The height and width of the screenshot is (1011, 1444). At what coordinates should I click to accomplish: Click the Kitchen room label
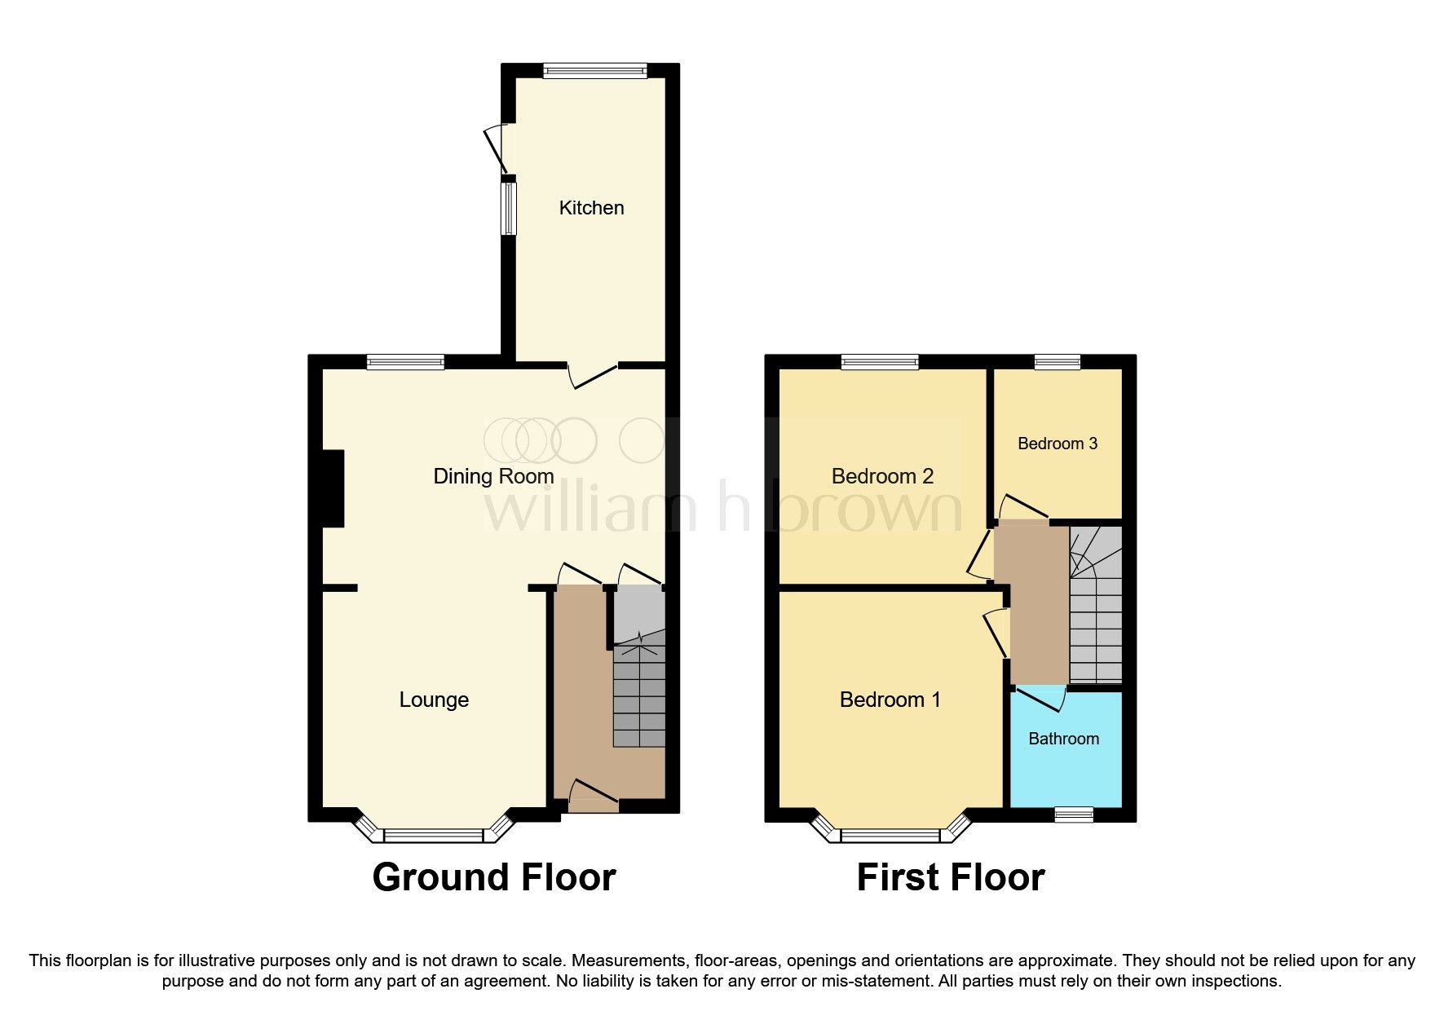591,208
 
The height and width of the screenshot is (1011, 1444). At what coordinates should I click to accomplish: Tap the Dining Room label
493,476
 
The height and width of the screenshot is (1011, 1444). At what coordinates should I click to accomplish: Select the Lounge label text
434,700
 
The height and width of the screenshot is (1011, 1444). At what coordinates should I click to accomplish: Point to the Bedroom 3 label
1058,444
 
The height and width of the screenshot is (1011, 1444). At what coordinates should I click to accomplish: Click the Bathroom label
1063,739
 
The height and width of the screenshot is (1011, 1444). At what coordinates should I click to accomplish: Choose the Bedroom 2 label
882,476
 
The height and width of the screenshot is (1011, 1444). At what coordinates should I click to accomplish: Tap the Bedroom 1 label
890,700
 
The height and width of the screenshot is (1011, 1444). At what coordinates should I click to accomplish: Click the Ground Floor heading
493,877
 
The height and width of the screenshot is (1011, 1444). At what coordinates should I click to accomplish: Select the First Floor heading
950,877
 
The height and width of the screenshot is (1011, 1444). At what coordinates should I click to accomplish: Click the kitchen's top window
595,71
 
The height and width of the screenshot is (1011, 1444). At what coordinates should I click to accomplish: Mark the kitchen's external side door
495,150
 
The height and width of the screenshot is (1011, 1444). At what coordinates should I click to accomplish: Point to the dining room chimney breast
333,488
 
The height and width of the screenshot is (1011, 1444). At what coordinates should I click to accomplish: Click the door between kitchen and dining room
593,375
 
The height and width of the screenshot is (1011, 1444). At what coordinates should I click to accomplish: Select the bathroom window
1073,814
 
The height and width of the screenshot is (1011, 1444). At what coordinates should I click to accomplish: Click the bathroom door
1040,698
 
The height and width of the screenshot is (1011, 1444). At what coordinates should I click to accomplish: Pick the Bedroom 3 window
1058,361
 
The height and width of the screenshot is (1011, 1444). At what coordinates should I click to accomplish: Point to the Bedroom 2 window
880,361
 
